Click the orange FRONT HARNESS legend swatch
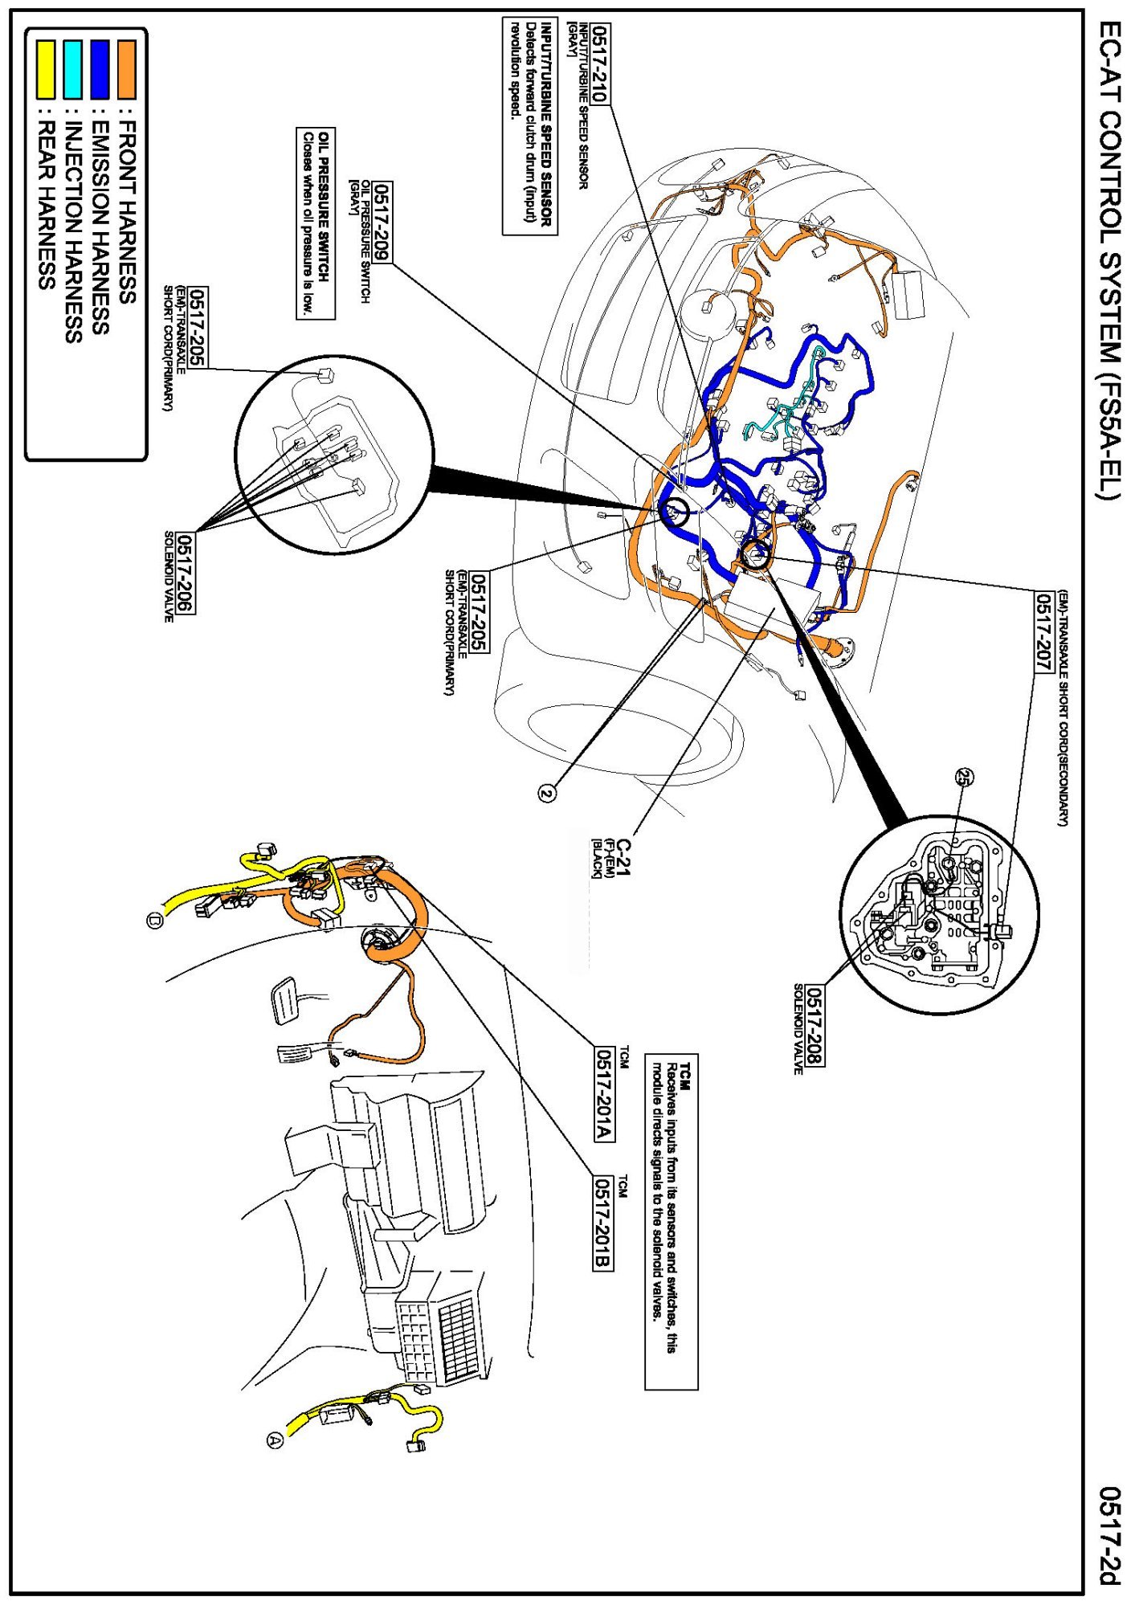[x=127, y=70]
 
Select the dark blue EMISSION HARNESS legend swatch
[x=100, y=70]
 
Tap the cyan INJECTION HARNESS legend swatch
[x=73, y=70]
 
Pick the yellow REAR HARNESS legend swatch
[x=47, y=70]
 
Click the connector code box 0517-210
[x=600, y=63]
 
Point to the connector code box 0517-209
[x=382, y=222]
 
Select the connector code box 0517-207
[x=1043, y=633]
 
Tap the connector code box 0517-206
[x=186, y=573]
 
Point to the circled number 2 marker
[x=547, y=794]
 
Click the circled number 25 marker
[x=963, y=777]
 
